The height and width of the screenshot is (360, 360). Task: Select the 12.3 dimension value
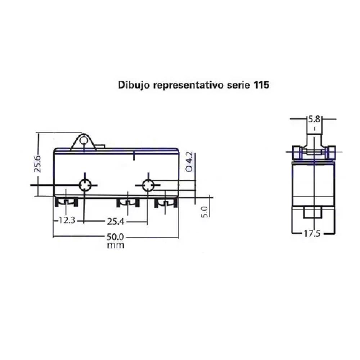click(67, 221)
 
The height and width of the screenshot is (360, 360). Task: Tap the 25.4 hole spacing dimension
click(115, 221)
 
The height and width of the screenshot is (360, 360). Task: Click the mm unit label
click(116, 246)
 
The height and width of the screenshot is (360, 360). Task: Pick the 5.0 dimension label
click(205, 212)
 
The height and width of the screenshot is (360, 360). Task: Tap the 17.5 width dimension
click(312, 234)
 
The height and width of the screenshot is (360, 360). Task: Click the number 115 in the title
click(261, 85)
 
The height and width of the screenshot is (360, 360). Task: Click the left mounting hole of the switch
click(85, 185)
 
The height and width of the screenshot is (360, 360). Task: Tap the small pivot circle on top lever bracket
click(84, 140)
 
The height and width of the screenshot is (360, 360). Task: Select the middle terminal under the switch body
click(128, 203)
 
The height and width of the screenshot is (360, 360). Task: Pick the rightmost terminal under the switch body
click(166, 203)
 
